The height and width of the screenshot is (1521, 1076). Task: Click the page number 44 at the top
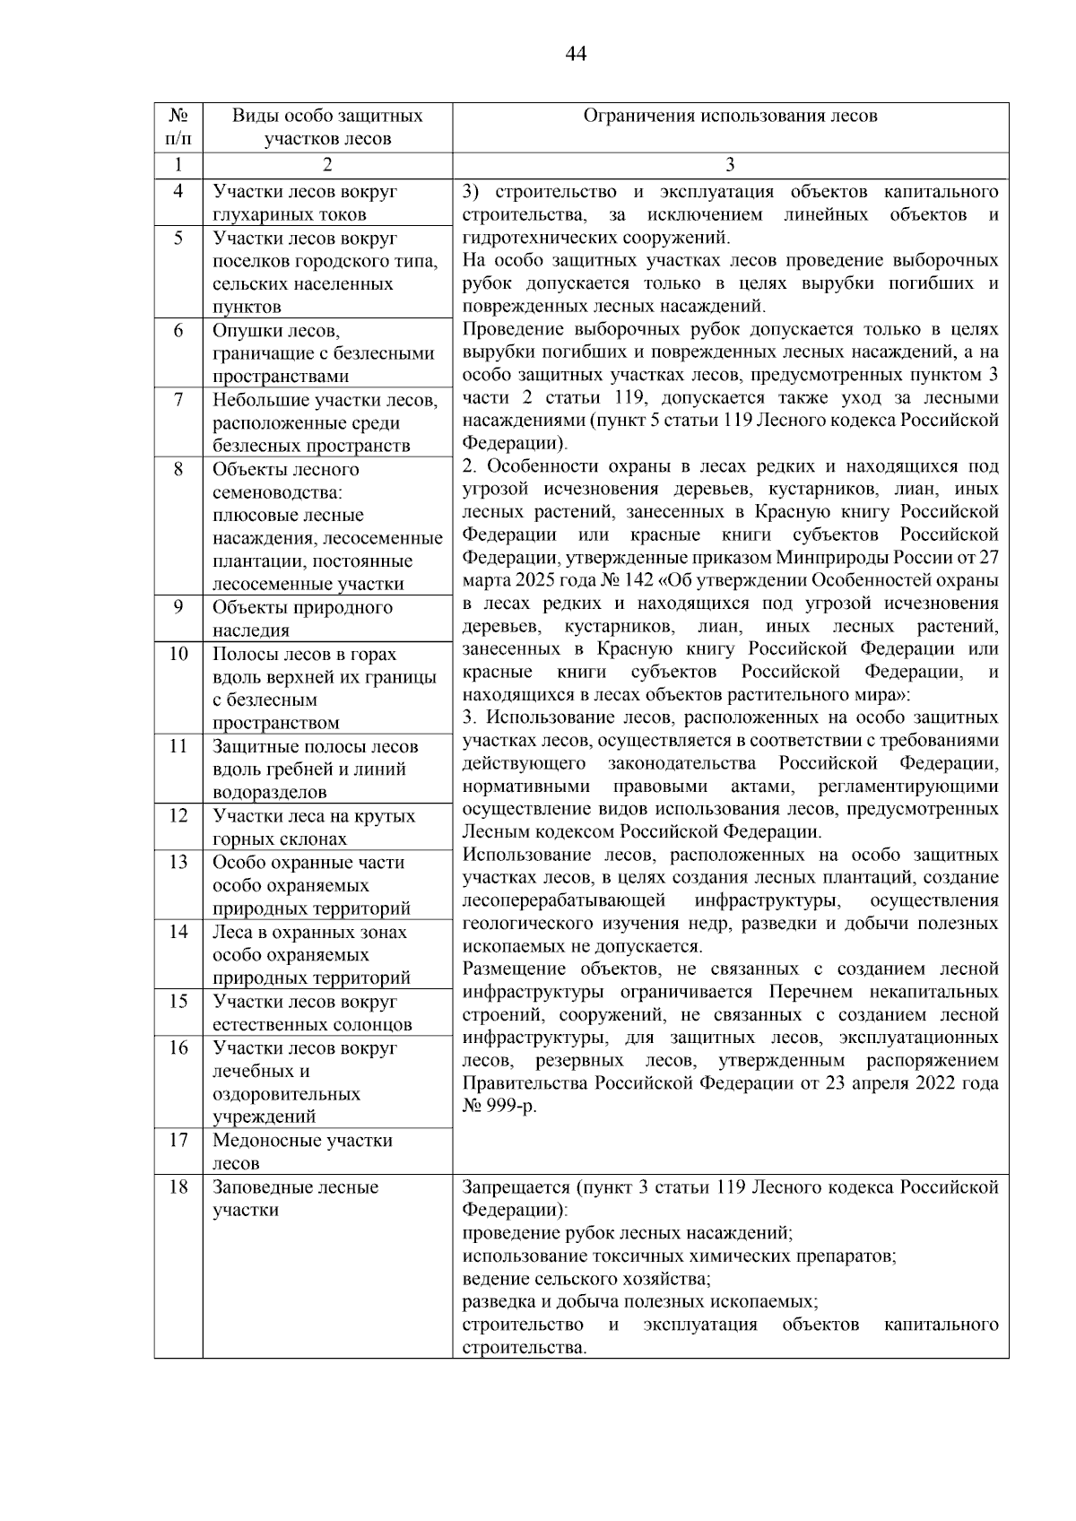[x=576, y=55]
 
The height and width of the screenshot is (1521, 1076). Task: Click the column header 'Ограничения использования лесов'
[x=730, y=116]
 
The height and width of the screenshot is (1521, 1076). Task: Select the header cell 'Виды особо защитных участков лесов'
[x=327, y=127]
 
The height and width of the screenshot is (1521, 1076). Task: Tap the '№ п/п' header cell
[x=178, y=127]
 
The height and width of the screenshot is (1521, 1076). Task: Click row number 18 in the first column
[x=178, y=1187]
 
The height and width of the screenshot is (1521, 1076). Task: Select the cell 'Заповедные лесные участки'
[x=296, y=1198]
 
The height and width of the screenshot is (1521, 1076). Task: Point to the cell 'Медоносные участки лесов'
[x=302, y=1152]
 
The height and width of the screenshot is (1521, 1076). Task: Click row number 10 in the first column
[x=178, y=654]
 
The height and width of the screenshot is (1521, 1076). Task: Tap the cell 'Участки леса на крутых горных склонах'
[x=313, y=827]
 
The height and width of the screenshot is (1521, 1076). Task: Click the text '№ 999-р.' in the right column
[x=499, y=1107]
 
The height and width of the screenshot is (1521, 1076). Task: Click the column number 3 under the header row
[x=730, y=166]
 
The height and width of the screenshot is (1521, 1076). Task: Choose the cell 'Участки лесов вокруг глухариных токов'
[x=304, y=203]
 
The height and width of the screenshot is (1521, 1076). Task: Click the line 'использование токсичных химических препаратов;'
[x=679, y=1256]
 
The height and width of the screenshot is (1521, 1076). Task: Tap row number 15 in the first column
[x=178, y=1002]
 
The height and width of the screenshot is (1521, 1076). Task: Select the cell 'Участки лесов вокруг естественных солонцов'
[x=311, y=1013]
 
